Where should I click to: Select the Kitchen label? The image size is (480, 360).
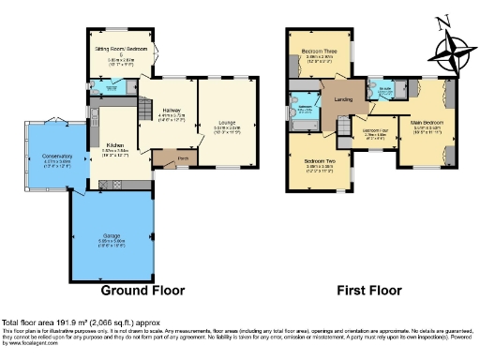pos(116,144)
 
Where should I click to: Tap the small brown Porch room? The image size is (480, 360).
pos(170,159)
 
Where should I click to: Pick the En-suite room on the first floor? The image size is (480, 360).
pos(385,92)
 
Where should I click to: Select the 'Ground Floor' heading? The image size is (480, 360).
pos(142,290)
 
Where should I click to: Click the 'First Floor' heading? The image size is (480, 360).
pos(350,290)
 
